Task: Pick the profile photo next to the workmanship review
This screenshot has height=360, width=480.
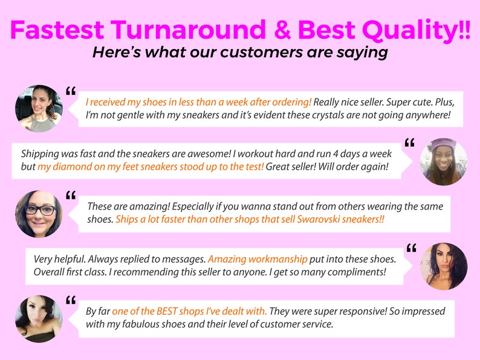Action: [443, 266]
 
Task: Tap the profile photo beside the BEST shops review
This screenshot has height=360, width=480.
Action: [39, 318]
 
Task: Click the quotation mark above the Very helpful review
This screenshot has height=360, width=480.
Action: [411, 248]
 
